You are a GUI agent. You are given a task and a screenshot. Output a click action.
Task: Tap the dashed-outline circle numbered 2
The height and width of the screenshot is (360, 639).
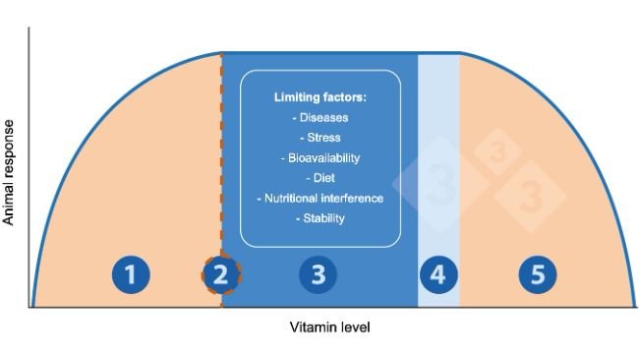221,276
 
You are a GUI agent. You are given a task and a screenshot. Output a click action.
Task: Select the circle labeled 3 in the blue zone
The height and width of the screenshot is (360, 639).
318,276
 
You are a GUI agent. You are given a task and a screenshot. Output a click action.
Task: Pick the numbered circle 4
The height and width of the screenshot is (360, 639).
438,276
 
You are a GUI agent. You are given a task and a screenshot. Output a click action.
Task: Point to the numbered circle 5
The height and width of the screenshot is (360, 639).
537,276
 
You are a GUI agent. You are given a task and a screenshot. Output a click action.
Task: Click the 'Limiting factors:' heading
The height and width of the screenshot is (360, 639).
319,98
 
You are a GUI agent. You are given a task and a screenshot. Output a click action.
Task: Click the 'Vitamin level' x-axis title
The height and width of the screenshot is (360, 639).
330,327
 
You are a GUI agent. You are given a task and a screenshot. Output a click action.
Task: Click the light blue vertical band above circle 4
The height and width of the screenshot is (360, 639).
438,148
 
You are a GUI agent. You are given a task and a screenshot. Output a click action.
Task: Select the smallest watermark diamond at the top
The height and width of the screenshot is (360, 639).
498,151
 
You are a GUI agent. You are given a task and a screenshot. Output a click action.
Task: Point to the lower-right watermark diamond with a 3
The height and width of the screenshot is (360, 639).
531,195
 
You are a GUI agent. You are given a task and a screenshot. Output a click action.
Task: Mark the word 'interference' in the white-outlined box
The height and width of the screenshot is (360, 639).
349,198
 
